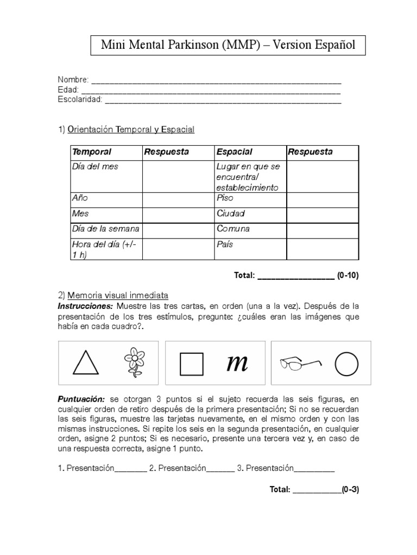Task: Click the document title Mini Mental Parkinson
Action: pyautogui.click(x=228, y=45)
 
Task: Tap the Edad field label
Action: pyautogui.click(x=68, y=90)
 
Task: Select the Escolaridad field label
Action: pyautogui.click(x=80, y=100)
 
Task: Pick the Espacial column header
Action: pyautogui.click(x=234, y=152)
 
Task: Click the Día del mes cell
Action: pyautogui.click(x=95, y=167)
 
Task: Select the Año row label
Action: pyautogui.click(x=80, y=198)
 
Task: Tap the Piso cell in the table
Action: pyautogui.click(x=225, y=198)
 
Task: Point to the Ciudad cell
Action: pyautogui.click(x=231, y=214)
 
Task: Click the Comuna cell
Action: pyautogui.click(x=233, y=229)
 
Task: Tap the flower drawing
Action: pyautogui.click(x=134, y=362)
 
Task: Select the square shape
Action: pyautogui.click(x=191, y=364)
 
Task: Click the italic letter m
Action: pyautogui.click(x=237, y=363)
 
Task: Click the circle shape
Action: pyautogui.click(x=347, y=364)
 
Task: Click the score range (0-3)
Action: pyautogui.click(x=350, y=489)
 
